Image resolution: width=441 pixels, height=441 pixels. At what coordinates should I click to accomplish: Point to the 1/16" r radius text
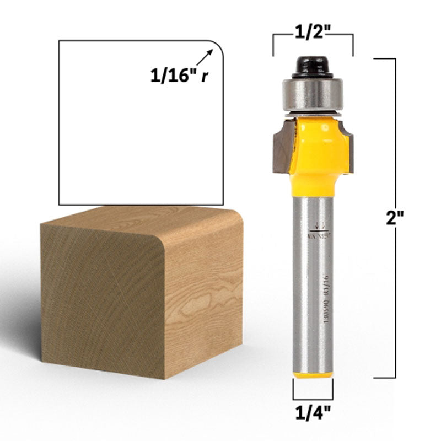pos(180,75)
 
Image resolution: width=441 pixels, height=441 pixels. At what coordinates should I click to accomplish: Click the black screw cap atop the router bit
pos(313,67)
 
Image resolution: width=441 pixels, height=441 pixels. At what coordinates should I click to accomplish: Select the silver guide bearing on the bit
pos(313,94)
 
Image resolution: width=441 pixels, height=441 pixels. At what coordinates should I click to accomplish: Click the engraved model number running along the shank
pos(320,300)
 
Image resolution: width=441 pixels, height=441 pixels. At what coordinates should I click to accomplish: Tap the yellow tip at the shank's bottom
pos(313,375)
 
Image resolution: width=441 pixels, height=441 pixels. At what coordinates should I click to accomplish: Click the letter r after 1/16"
pos(205,76)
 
